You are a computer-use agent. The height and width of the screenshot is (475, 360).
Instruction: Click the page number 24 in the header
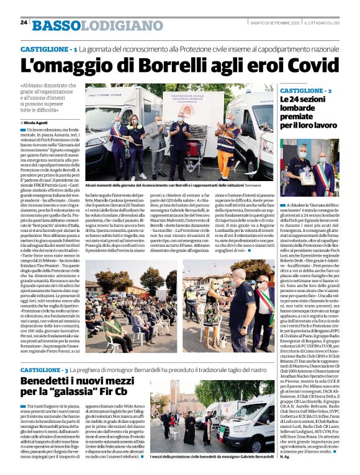24,22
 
